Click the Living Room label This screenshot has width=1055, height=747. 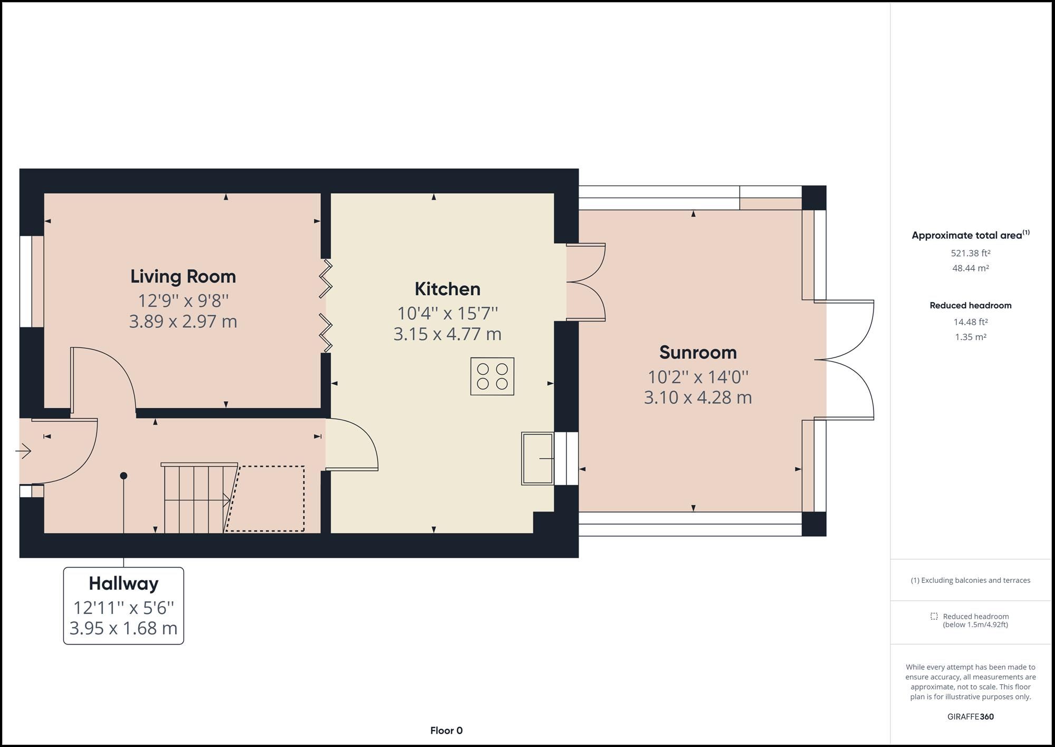click(183, 276)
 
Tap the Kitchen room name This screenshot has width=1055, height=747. click(447, 289)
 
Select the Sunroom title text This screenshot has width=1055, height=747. click(697, 352)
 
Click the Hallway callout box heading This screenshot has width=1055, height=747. click(123, 583)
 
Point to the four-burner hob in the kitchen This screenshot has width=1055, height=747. click(492, 376)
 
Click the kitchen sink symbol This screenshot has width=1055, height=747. click(537, 458)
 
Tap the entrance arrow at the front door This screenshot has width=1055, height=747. click(24, 451)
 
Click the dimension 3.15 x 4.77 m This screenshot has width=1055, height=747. click(447, 334)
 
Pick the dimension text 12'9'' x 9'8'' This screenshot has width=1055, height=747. click(183, 301)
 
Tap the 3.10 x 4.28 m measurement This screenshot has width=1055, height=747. click(697, 398)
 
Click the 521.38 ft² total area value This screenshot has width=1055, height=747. click(970, 253)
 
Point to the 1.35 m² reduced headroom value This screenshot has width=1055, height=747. click(970, 337)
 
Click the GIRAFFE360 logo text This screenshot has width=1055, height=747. click(970, 716)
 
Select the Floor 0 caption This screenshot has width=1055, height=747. click(446, 731)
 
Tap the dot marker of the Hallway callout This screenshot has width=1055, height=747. click(123, 476)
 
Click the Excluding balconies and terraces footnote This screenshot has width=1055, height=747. click(970, 580)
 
